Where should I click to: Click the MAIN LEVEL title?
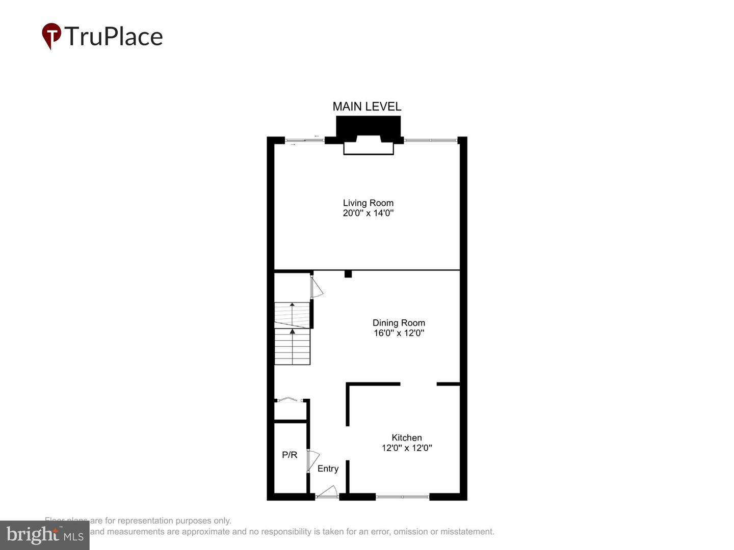coord(367,106)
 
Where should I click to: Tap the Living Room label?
coord(368,203)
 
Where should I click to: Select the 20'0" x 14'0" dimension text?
coord(368,213)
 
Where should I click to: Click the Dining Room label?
coord(399,323)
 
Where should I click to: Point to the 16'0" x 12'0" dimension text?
coord(399,333)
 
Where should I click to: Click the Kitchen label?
coord(407,437)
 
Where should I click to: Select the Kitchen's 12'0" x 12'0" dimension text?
coord(407,448)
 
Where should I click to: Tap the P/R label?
coord(290,455)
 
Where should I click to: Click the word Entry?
coord(328,469)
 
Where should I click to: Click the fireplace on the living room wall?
coord(369,135)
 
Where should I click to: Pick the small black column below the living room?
coord(348,274)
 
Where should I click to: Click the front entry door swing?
coord(328,492)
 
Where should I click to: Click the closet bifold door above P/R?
coord(291,400)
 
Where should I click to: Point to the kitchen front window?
coord(403,496)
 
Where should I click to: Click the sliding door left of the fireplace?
coord(304,140)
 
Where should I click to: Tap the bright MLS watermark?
coord(45,535)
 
